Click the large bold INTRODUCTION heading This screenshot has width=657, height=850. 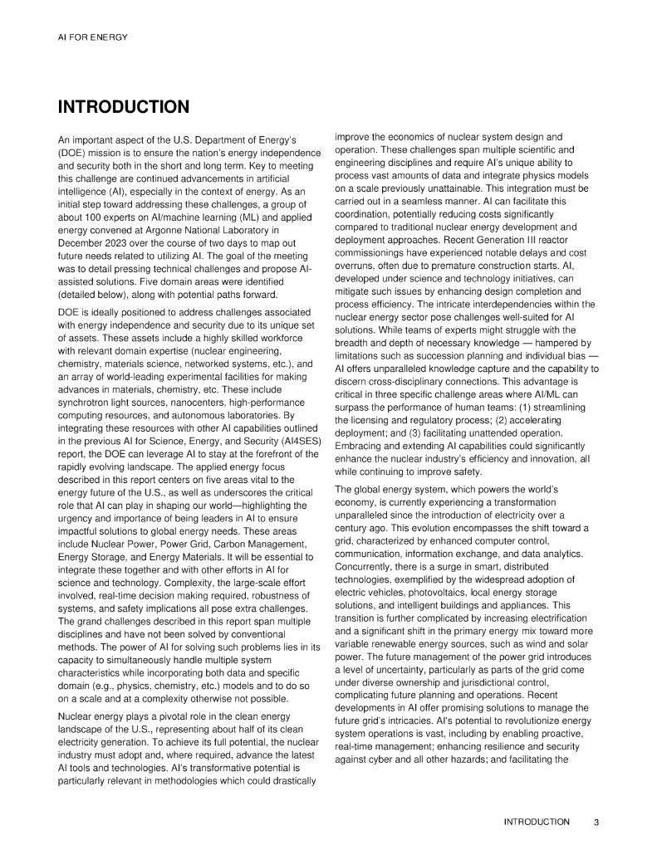124,107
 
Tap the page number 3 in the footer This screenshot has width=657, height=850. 596,822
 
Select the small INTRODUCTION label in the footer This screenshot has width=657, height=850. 537,822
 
